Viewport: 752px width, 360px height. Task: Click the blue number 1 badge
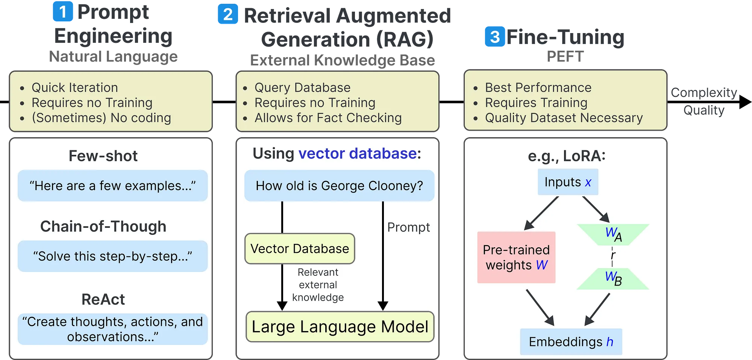coord(63,12)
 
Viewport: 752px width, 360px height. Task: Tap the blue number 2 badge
coord(228,14)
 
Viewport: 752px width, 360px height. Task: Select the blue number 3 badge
coord(495,36)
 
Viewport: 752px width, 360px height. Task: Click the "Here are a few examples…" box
coord(113,186)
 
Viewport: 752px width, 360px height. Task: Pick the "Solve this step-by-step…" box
coord(113,256)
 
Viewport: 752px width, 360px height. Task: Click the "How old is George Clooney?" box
coord(339,186)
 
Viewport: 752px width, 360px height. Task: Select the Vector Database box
coord(300,249)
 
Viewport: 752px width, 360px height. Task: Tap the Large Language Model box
coord(340,327)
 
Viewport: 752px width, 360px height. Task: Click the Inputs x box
coord(568,182)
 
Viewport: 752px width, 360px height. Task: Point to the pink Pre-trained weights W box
coord(516,257)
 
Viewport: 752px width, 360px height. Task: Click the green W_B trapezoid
coord(613,278)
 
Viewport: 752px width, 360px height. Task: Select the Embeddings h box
coord(571,342)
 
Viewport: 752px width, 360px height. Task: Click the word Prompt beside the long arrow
coord(409,227)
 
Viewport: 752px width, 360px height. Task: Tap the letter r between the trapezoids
coord(613,255)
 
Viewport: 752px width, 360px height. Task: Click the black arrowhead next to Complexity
coord(745,102)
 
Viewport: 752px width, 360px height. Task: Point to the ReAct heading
coord(103,299)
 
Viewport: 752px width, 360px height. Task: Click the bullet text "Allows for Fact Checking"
coord(328,118)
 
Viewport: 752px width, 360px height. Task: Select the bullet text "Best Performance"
coord(538,88)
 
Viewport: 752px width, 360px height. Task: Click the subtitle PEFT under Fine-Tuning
coord(565,57)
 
